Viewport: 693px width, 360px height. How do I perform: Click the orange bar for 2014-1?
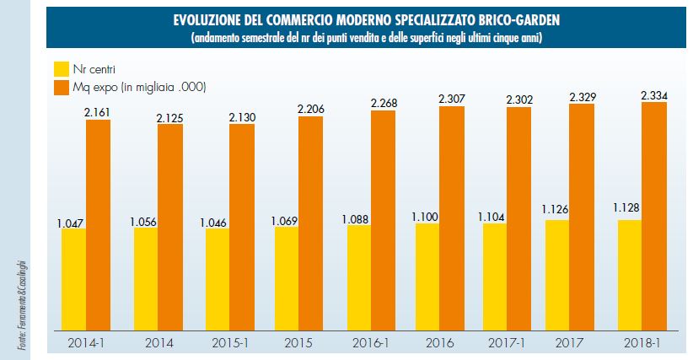(x=98, y=223)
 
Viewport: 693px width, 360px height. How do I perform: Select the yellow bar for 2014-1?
(x=73, y=278)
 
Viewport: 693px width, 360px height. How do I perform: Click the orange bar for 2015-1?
(x=241, y=226)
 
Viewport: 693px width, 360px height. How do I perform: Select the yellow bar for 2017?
(x=557, y=274)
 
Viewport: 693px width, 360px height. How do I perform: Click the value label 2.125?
(x=169, y=117)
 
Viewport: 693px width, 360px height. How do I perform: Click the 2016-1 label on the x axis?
(x=370, y=344)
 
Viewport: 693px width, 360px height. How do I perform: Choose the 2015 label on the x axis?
(x=299, y=344)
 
